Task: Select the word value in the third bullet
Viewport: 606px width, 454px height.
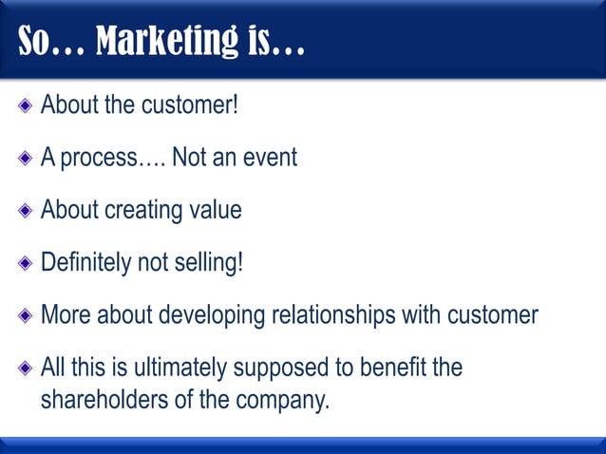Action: click(216, 209)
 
